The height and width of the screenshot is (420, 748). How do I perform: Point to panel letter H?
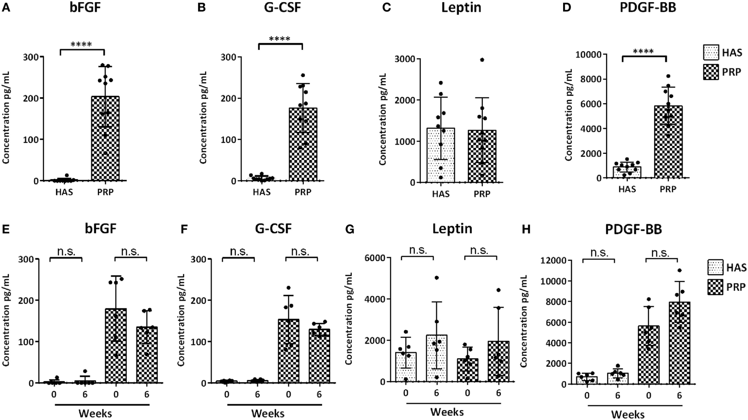(x=526, y=229)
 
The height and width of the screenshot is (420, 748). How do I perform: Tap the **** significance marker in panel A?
(x=81, y=44)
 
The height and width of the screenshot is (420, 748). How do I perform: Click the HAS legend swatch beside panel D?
(x=711, y=53)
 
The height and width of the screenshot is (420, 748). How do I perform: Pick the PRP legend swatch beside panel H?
(x=715, y=287)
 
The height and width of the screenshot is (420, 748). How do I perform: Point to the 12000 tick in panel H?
(x=553, y=260)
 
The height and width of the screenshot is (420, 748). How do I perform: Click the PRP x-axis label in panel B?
(x=303, y=192)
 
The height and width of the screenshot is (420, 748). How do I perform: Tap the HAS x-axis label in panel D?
(x=627, y=189)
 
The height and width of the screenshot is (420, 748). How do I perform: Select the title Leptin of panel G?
(x=452, y=229)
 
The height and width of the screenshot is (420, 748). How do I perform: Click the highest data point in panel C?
(x=482, y=60)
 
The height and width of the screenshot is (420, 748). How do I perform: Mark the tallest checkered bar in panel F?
(x=289, y=351)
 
